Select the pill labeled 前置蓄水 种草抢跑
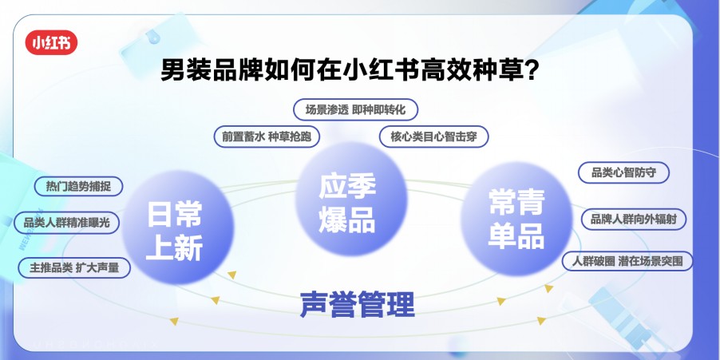click(x=267, y=136)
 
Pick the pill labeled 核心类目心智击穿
click(x=433, y=136)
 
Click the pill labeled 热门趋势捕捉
click(x=78, y=186)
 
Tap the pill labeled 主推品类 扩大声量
click(x=74, y=268)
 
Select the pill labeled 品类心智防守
click(x=623, y=172)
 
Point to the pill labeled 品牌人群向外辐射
click(x=633, y=218)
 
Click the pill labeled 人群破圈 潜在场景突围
click(x=627, y=261)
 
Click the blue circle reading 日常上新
click(x=176, y=232)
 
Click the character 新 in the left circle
click(x=190, y=249)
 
